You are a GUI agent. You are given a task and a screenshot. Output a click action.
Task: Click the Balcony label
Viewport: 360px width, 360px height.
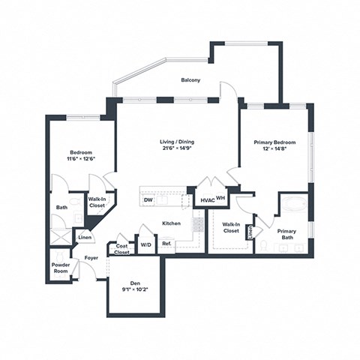coord(190,80)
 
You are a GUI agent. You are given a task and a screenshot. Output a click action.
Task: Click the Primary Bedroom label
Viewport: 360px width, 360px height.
coord(274,142)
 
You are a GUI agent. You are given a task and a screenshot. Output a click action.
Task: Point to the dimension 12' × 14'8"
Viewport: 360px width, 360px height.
coord(274,149)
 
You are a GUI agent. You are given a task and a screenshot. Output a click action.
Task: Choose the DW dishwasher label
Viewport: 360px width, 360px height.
coord(148,199)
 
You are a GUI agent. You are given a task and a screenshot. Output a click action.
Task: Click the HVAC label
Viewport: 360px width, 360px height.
coord(206,199)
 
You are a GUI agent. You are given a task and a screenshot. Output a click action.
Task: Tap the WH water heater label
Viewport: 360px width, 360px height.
coord(220,198)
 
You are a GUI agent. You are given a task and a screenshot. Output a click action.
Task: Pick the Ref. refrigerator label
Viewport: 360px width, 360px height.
coord(166,243)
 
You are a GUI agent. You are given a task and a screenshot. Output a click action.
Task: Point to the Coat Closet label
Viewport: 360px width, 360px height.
coord(121,249)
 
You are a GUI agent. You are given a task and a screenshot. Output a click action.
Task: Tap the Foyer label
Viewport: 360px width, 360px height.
coord(91,257)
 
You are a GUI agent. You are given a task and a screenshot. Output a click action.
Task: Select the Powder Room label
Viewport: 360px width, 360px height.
coord(61,268)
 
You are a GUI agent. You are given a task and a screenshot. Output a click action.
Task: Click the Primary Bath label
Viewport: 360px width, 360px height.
coord(286,235)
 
